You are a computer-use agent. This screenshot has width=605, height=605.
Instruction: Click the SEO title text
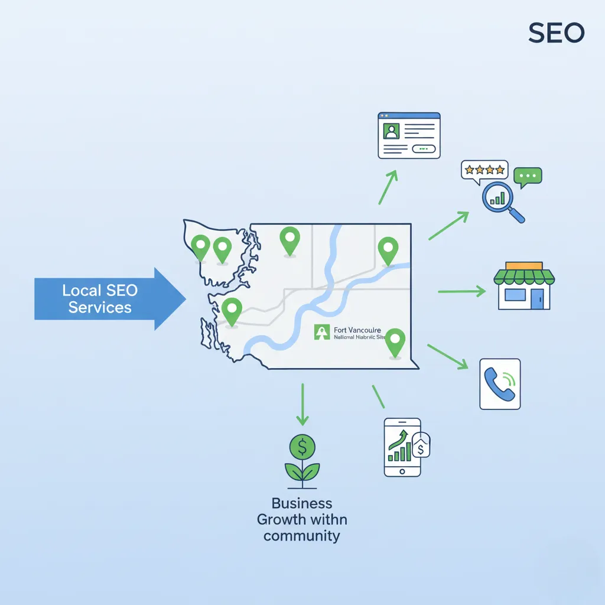point(556,33)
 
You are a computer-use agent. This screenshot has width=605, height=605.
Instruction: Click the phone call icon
point(499,383)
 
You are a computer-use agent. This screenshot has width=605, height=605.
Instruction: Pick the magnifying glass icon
point(503,200)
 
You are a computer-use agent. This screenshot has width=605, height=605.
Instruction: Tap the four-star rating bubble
point(484,170)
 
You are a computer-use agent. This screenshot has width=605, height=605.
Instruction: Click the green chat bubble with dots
point(527,176)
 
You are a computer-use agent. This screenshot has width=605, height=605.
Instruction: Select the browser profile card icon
point(409,135)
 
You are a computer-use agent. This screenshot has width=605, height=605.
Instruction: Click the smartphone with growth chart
point(402,447)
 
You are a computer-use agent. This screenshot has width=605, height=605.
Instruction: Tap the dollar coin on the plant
point(302,447)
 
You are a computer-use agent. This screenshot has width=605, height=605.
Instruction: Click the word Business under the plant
point(302,503)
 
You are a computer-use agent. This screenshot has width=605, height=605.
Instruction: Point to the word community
point(302,536)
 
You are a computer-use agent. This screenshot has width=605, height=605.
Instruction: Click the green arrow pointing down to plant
point(302,405)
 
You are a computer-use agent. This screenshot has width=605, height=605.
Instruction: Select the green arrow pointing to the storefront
point(461,291)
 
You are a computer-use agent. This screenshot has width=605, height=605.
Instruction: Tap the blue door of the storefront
point(536,298)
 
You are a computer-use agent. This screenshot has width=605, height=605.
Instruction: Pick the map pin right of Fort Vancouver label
point(395,343)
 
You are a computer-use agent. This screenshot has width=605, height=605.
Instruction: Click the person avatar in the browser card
point(391,131)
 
